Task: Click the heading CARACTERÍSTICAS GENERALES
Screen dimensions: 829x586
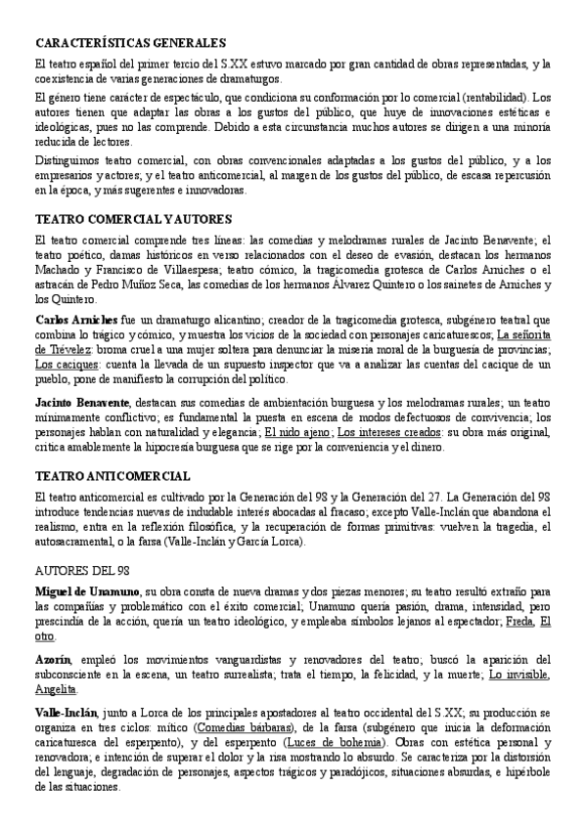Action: (130, 43)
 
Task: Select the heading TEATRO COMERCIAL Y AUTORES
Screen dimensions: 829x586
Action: (132, 219)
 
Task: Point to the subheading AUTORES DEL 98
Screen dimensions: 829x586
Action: (82, 569)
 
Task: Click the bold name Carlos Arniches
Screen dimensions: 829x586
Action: (76, 320)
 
